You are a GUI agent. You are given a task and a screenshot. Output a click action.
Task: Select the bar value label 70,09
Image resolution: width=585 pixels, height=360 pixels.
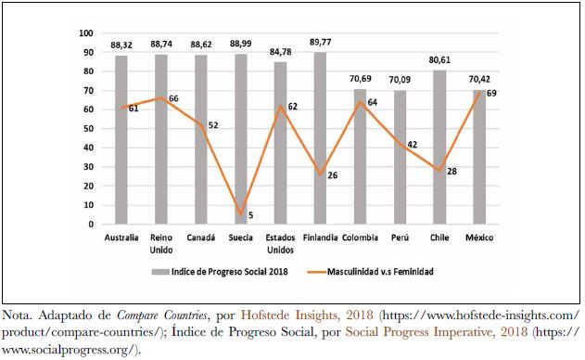(x=400, y=79)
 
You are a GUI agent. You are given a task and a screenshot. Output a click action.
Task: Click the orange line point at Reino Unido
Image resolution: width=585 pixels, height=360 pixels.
(x=161, y=97)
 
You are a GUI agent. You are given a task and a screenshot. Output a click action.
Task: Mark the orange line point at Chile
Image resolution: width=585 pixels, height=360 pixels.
(x=439, y=171)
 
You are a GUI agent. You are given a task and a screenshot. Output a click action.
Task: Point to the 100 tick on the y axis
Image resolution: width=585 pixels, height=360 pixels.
(x=88, y=32)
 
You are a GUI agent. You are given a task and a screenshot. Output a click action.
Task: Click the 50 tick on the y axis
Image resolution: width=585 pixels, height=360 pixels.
(x=90, y=128)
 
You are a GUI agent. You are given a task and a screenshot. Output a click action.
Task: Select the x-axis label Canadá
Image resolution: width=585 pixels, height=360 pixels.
(x=201, y=238)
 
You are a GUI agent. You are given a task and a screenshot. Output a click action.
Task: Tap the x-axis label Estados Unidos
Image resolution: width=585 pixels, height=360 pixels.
(x=281, y=243)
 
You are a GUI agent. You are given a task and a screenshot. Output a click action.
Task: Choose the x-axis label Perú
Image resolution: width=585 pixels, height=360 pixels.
(x=400, y=238)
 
